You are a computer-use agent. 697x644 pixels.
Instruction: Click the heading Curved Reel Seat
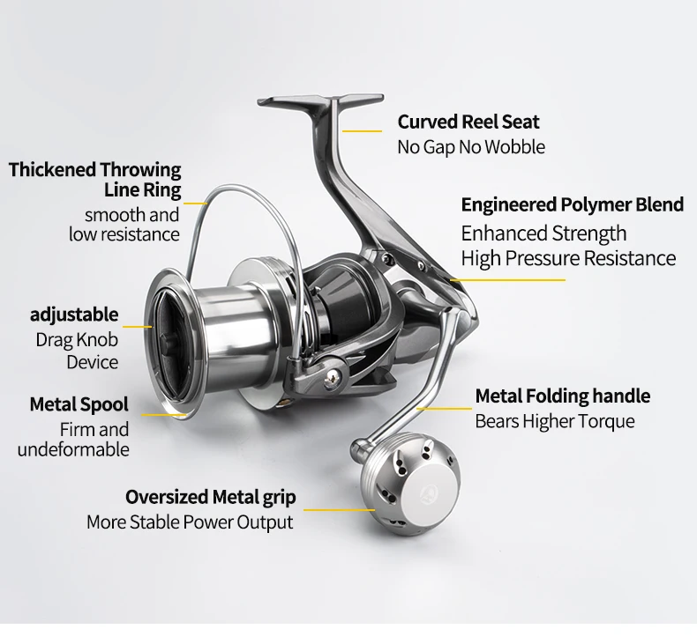tap(468, 122)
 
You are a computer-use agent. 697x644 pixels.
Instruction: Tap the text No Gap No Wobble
tap(471, 147)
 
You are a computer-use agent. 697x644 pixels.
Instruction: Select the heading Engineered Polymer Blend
tap(573, 205)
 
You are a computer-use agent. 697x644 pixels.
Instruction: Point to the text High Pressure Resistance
tap(568, 258)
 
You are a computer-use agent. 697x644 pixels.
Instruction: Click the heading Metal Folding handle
tap(563, 396)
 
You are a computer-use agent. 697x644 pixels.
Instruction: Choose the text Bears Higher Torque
tap(555, 422)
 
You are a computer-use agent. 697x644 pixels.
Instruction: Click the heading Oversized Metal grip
tap(211, 498)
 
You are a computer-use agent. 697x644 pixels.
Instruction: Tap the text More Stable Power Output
tap(190, 522)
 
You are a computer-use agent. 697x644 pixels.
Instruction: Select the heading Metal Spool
tap(79, 404)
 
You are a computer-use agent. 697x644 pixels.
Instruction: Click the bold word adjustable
tap(74, 315)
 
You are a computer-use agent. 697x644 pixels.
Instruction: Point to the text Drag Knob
tap(77, 340)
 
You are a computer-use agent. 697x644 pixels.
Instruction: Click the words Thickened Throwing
tap(94, 170)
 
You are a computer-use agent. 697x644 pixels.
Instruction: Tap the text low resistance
tap(124, 234)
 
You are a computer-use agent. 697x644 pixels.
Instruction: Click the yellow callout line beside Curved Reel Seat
tap(362, 131)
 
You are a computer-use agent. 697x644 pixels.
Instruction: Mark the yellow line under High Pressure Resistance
tap(507, 280)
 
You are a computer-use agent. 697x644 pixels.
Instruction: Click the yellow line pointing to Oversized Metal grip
tap(339, 510)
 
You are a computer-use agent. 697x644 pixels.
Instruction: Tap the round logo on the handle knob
tap(427, 491)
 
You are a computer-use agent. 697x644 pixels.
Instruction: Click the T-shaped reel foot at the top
tap(321, 103)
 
